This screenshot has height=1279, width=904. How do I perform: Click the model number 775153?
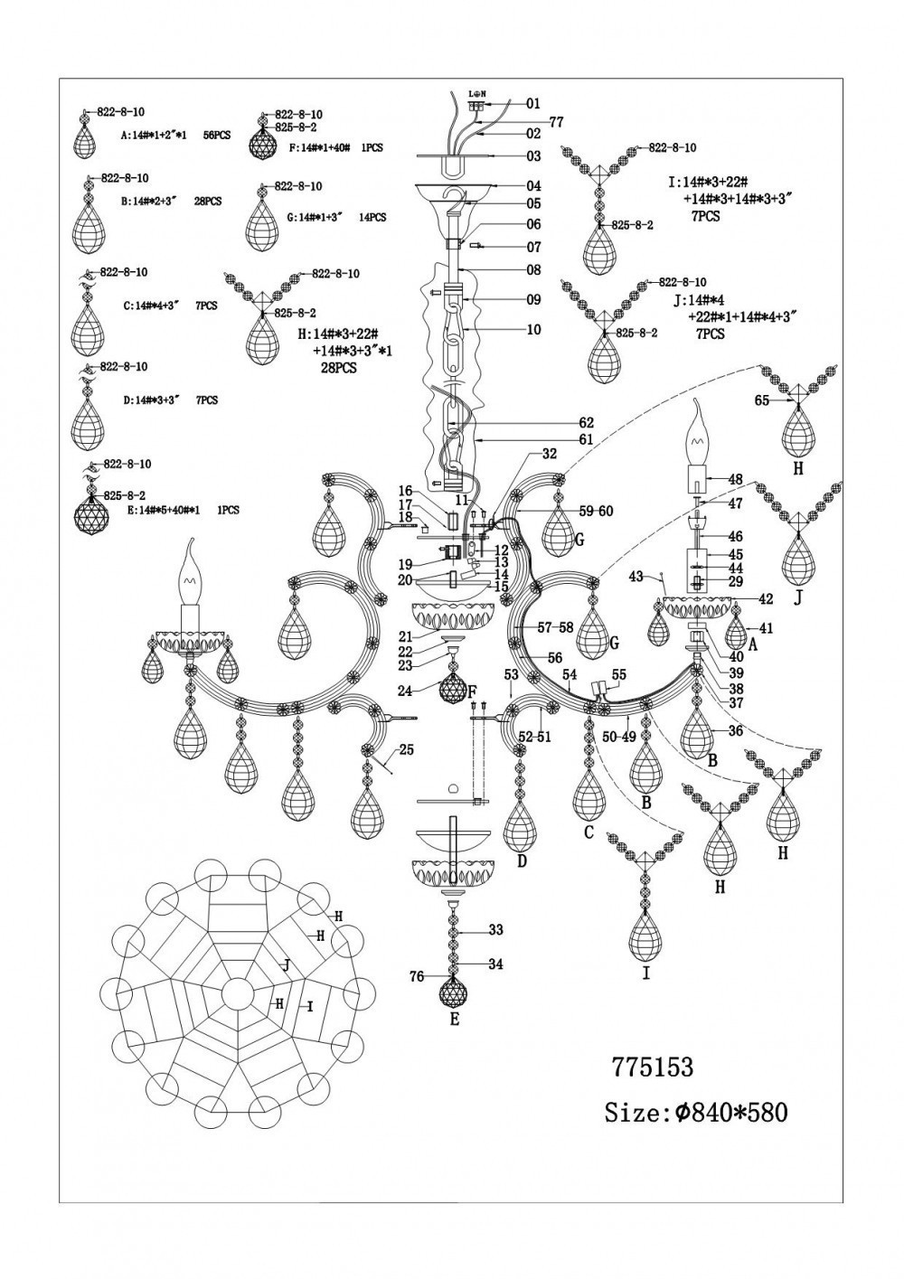(653, 1067)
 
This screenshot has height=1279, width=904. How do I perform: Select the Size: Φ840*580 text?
(695, 1112)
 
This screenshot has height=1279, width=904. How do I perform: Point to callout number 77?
(556, 120)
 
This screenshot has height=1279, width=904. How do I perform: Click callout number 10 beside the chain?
(533, 330)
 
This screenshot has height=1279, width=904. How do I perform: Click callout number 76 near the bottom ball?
(417, 976)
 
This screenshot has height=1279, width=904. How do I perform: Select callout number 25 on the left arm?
(406, 749)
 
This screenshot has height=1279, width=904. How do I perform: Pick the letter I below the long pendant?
(645, 974)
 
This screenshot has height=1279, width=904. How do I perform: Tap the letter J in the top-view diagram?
(287, 965)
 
